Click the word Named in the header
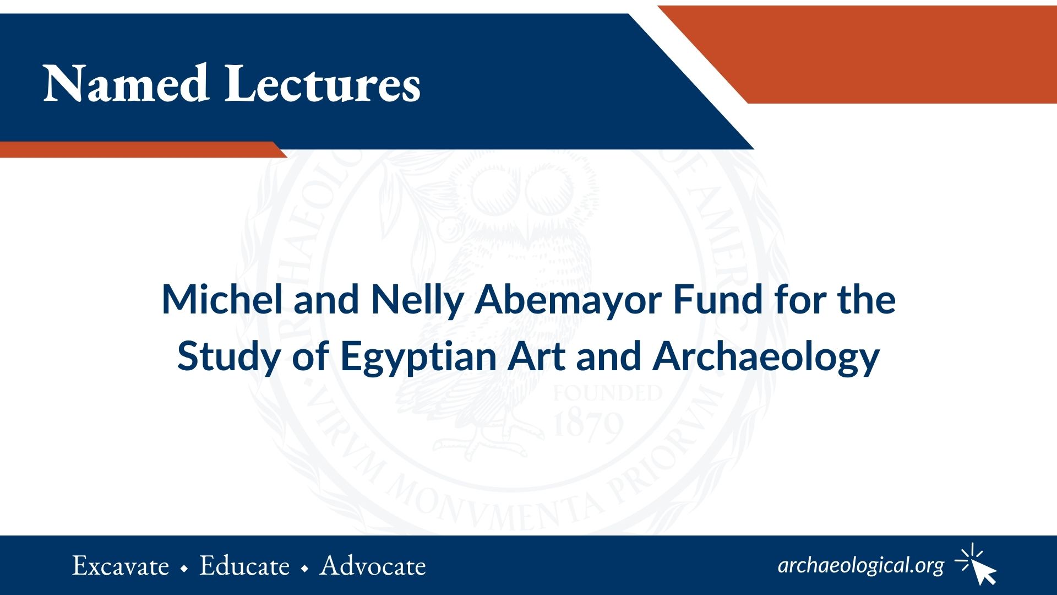[x=126, y=84]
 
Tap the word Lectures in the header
[x=323, y=84]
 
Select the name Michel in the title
[x=222, y=299]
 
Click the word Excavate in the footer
[x=121, y=566]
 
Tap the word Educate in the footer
[x=244, y=566]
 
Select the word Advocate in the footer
[x=373, y=566]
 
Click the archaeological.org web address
[x=861, y=566]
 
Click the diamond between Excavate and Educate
[x=184, y=568]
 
